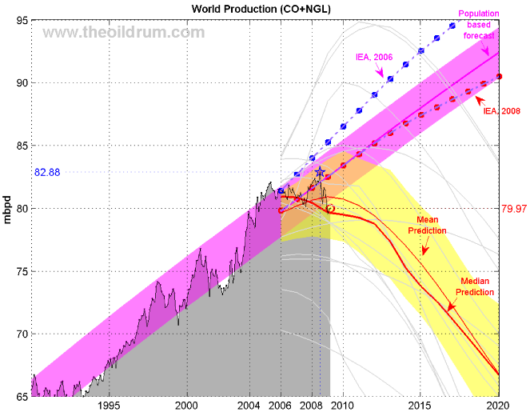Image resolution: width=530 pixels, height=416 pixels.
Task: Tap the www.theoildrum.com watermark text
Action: (x=123, y=32)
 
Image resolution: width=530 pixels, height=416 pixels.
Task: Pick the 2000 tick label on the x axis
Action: (x=186, y=406)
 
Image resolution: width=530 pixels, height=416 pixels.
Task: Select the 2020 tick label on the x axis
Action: (x=499, y=406)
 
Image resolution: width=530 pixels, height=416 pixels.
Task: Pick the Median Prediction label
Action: (x=476, y=287)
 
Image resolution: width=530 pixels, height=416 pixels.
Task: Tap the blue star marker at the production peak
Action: (x=320, y=172)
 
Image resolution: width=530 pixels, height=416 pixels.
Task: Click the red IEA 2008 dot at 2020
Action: (x=499, y=76)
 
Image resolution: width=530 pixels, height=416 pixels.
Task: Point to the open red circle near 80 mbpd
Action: (x=330, y=208)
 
